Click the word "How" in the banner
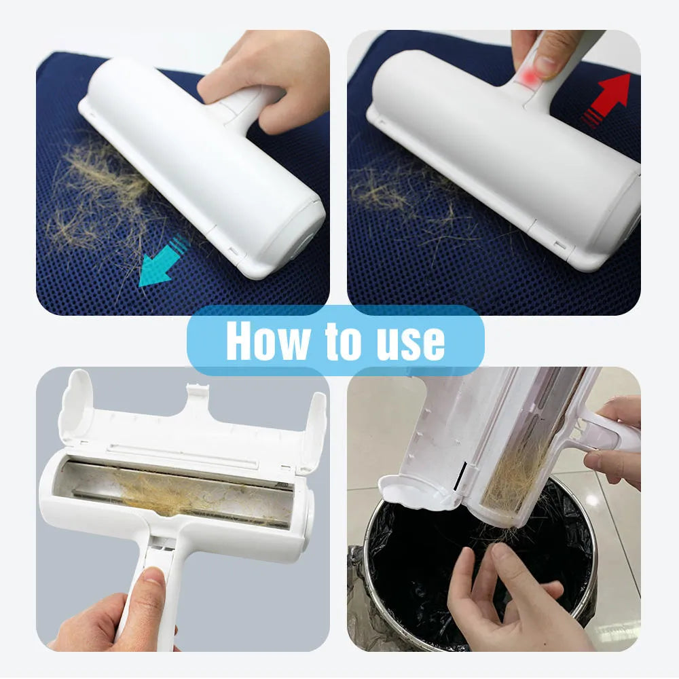coord(268,341)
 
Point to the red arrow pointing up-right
coord(606,101)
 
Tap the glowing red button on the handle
coord(528,78)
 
